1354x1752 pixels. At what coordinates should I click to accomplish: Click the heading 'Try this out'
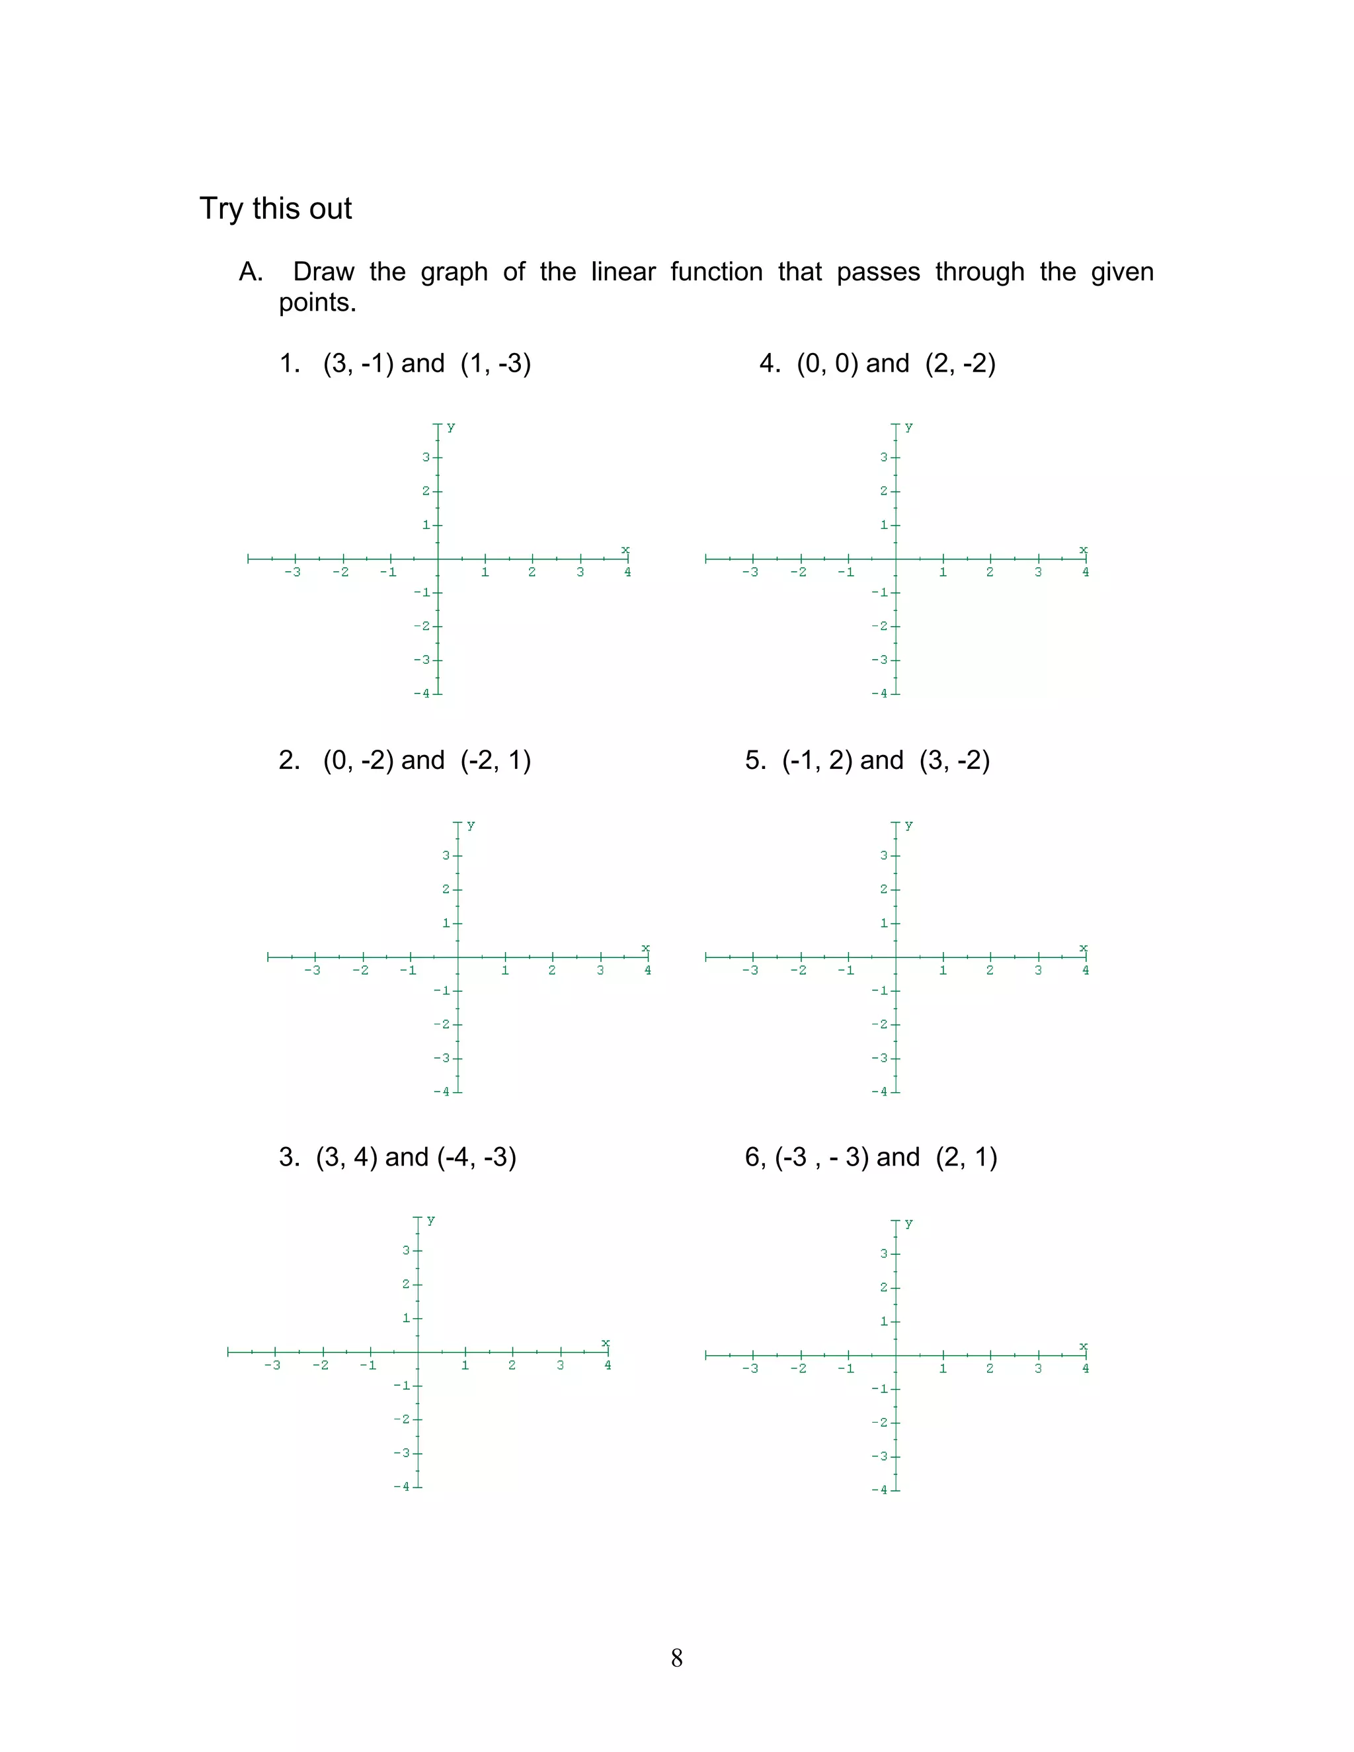click(x=275, y=208)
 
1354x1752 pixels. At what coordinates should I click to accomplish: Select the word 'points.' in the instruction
click(x=317, y=303)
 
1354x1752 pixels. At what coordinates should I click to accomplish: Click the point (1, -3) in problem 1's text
click(x=496, y=364)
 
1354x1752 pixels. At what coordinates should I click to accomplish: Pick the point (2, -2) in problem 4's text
click(x=960, y=364)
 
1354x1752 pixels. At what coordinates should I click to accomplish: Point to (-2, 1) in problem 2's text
click(x=496, y=760)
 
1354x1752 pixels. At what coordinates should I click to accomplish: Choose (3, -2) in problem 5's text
click(x=955, y=760)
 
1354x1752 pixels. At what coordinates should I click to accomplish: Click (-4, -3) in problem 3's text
click(x=477, y=1157)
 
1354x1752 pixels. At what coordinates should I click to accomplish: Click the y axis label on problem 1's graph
click(x=451, y=427)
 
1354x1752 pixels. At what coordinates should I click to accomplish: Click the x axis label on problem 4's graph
click(x=1083, y=549)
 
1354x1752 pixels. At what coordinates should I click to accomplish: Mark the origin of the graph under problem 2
click(x=458, y=957)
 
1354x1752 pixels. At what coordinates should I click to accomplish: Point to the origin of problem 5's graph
click(x=896, y=957)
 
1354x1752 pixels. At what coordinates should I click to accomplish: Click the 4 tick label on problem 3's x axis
click(x=607, y=1365)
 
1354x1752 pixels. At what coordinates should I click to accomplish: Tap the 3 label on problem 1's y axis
click(x=426, y=458)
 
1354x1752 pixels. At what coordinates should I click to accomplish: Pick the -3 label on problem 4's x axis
click(x=750, y=573)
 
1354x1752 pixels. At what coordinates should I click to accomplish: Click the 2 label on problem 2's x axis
click(x=552, y=971)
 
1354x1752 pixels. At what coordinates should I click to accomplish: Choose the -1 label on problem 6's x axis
click(x=846, y=1369)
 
